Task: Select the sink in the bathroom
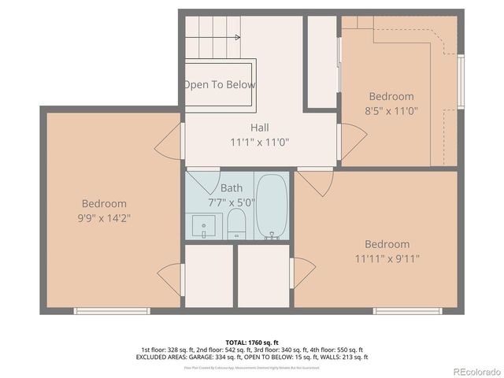203,227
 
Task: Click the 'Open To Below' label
220,84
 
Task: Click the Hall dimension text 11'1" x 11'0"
259,143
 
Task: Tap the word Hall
259,128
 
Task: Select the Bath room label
232,188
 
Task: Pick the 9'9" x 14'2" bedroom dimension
103,217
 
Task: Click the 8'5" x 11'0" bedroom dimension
391,111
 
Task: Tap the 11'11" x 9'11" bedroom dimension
387,258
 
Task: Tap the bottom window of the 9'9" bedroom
112,311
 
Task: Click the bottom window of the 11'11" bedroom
406,311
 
